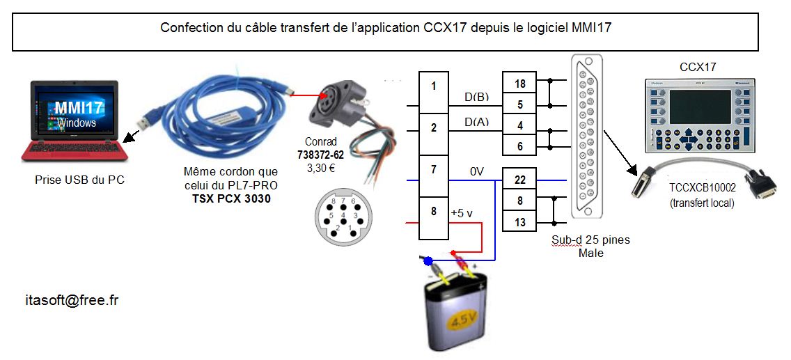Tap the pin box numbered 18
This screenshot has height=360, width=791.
tap(519, 84)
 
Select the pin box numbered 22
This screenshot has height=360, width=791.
tap(519, 180)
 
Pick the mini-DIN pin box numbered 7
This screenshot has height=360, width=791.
tap(433, 169)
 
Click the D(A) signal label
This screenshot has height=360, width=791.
tap(476, 123)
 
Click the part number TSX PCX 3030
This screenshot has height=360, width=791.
tap(230, 197)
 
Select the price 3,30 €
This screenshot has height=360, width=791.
tap(321, 167)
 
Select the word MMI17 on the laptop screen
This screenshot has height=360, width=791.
tap(77, 108)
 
